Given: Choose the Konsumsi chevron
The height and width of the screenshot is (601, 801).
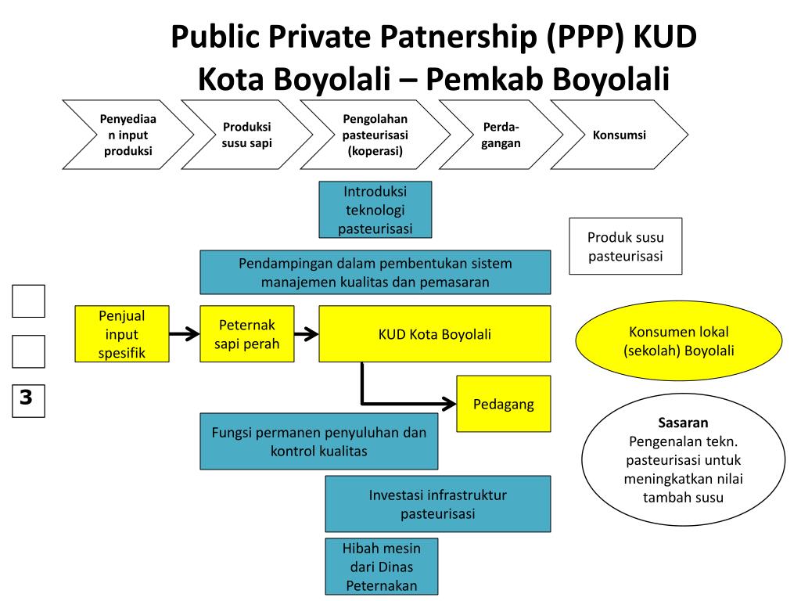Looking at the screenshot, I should coord(619,135).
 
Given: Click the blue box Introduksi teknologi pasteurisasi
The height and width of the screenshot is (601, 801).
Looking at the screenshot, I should coord(375,210).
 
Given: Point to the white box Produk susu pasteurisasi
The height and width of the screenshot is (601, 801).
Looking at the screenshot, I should coord(625,246).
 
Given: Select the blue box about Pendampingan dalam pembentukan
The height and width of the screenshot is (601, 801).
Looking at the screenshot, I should coord(375,272).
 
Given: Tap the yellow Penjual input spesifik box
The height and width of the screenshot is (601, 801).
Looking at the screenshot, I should coord(122,334).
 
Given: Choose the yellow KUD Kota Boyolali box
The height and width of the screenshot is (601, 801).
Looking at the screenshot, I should coord(434,334).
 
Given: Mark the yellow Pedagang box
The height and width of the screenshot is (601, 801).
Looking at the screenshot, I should coord(503,404).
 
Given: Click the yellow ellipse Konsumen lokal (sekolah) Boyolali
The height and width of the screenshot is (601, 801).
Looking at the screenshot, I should coord(679,341).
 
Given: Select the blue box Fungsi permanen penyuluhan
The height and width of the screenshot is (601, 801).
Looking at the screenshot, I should coord(318,441).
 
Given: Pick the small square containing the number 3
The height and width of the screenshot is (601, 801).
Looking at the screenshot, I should coord(28,399).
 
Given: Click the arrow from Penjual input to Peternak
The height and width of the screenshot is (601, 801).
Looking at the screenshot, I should coord(184,335).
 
